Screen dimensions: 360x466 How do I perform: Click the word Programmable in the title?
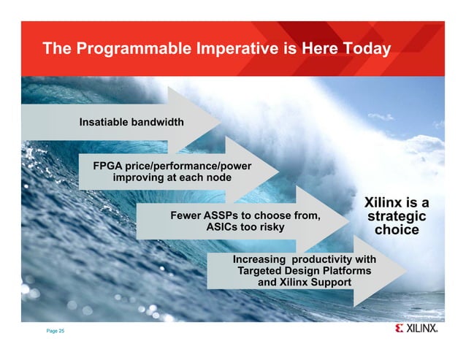click(123, 50)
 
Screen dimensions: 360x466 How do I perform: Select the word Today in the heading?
click(363, 50)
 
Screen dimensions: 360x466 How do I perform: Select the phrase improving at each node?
click(172, 178)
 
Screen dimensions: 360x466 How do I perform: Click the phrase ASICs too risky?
click(245, 228)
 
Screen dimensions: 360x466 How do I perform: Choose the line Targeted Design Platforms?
click(305, 271)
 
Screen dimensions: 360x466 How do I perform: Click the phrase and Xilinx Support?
click(305, 283)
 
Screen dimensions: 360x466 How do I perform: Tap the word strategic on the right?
click(397, 217)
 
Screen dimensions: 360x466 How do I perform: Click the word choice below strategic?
click(397, 231)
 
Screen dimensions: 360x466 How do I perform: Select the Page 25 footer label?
click(56, 332)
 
